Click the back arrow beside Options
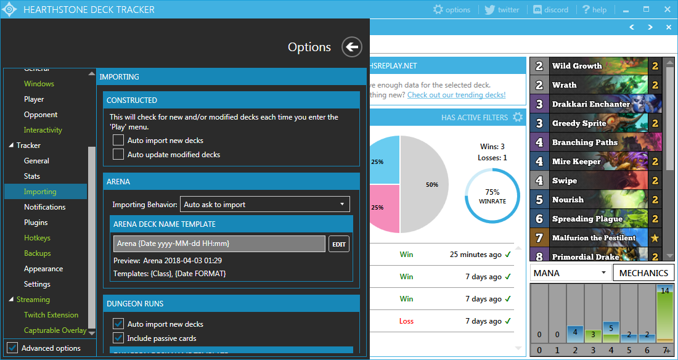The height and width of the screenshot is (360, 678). coord(352,47)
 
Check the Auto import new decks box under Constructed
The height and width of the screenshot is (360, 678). coord(118,141)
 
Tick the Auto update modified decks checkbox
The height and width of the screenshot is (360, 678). coord(118,155)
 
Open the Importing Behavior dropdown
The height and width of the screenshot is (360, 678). coord(265,205)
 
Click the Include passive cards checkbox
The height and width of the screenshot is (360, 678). coord(118,338)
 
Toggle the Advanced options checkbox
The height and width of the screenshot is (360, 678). coord(12,348)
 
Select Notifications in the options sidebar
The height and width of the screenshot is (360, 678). coord(44,207)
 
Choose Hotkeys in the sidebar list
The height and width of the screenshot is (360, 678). coord(37,238)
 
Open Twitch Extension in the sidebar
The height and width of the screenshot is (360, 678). coord(51,315)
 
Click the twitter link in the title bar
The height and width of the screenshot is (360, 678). coord(502,10)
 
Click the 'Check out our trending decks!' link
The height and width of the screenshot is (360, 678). coord(456,95)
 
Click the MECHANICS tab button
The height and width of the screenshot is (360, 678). coord(643,273)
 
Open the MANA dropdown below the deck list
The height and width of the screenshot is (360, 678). coord(569,273)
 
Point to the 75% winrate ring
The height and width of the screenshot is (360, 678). coord(492,196)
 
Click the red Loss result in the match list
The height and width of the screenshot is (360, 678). coord(406,321)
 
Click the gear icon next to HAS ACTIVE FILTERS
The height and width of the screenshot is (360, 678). coord(518,117)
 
